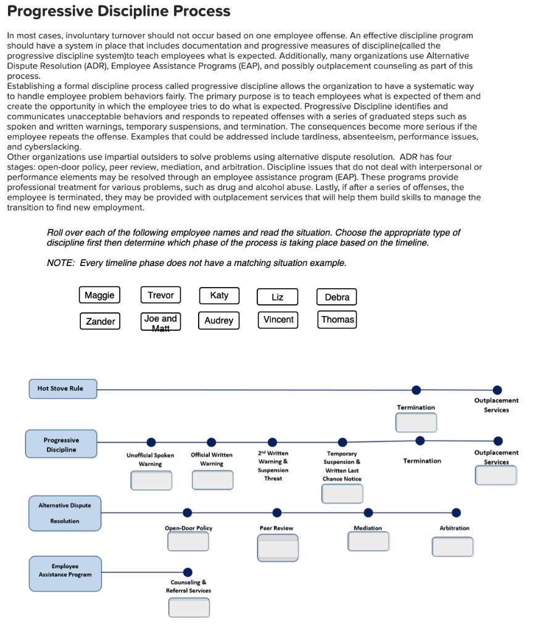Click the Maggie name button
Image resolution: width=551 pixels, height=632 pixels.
pos(99,295)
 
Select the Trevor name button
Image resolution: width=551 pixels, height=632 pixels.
pos(160,295)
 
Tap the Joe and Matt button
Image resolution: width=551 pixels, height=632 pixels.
pos(160,321)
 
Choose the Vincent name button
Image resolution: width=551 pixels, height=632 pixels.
pos(278,320)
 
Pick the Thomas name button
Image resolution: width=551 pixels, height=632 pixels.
pos(338,320)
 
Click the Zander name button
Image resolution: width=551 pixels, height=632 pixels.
pos(100,321)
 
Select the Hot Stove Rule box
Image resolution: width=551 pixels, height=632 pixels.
pos(60,389)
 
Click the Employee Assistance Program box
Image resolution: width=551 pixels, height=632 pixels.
pos(65,573)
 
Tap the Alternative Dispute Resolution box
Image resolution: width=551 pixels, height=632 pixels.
pos(65,513)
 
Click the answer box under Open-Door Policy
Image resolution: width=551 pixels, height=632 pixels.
pos(188,541)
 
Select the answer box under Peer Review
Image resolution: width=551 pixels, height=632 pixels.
pos(278,547)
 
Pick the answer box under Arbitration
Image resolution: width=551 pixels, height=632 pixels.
pos(452,546)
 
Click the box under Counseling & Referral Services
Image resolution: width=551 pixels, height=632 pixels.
pos(189,607)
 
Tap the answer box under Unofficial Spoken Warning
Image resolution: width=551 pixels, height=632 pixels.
pos(151,480)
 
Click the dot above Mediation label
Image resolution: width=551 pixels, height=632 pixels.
pos(368,512)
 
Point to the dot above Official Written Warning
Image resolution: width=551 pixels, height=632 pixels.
pos(212,442)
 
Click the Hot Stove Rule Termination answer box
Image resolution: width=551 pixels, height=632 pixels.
pos(416,422)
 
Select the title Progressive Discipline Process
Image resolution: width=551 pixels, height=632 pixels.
pos(118,11)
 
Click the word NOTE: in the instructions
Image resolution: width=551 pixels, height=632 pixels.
pos(59,263)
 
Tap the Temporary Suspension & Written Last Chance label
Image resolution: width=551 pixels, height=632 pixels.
pos(342,466)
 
